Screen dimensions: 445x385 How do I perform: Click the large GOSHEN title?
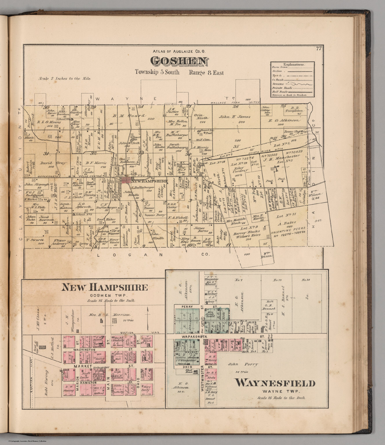pyautogui.click(x=179, y=61)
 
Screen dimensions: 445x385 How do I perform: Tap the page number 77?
pyautogui.click(x=319, y=49)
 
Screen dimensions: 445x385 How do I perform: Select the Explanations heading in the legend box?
pyautogui.click(x=294, y=64)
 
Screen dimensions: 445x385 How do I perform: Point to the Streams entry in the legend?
pyautogui.click(x=278, y=83)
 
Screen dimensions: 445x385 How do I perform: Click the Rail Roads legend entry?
pyautogui.click(x=279, y=91)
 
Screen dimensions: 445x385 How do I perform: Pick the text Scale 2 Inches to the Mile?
pyautogui.click(x=64, y=79)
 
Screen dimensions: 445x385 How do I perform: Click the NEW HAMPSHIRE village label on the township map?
pyautogui.click(x=149, y=181)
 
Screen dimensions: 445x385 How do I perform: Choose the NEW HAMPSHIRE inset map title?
pyautogui.click(x=105, y=287)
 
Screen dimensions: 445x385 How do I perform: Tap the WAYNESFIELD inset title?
pyautogui.click(x=274, y=383)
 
